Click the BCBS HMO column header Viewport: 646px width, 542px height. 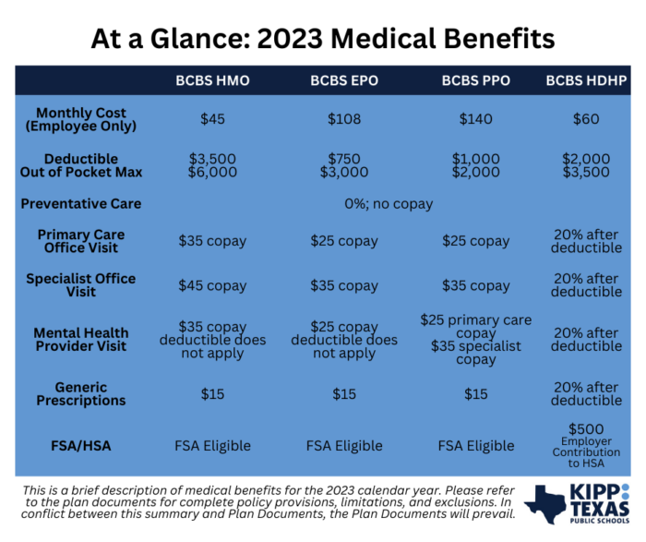point(212,80)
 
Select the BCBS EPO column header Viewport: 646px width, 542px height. point(344,80)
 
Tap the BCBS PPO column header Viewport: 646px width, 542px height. point(475,80)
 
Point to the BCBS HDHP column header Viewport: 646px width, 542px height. point(587,80)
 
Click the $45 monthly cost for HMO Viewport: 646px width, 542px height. point(212,119)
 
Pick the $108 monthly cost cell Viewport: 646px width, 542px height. point(344,119)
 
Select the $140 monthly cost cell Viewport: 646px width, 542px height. point(475,119)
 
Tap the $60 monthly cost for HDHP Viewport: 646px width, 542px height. point(586,119)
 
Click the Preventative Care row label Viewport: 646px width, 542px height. point(81,203)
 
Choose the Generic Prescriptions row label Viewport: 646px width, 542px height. point(81,394)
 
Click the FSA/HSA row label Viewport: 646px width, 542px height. point(81,446)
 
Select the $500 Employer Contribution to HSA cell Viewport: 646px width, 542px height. point(586,446)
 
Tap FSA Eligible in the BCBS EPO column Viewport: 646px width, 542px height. point(344,446)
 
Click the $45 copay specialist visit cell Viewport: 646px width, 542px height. point(212,285)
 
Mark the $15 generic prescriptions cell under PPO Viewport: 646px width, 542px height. point(475,394)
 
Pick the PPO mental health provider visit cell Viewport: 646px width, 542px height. point(475,339)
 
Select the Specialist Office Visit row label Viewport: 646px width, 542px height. point(81,285)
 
